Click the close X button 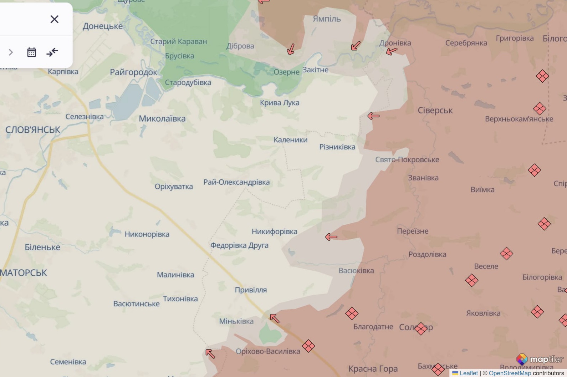tap(54, 19)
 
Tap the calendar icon tap(31, 52)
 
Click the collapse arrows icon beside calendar tap(52, 52)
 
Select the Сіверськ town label tap(435, 111)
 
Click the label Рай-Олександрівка tap(236, 182)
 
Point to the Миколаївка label tap(162, 119)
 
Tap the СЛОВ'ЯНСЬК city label tap(32, 130)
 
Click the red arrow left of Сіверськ tap(373, 116)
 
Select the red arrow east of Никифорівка tap(331, 237)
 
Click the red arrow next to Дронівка tap(392, 51)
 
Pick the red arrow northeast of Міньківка tap(274, 318)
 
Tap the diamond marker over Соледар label tap(421, 328)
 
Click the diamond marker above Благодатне tap(352, 314)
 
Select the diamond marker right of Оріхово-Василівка tap(308, 346)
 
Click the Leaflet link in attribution tap(468, 373)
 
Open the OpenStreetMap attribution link tap(510, 373)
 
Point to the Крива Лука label tap(280, 103)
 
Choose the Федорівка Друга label tap(239, 245)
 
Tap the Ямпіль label tap(327, 19)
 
